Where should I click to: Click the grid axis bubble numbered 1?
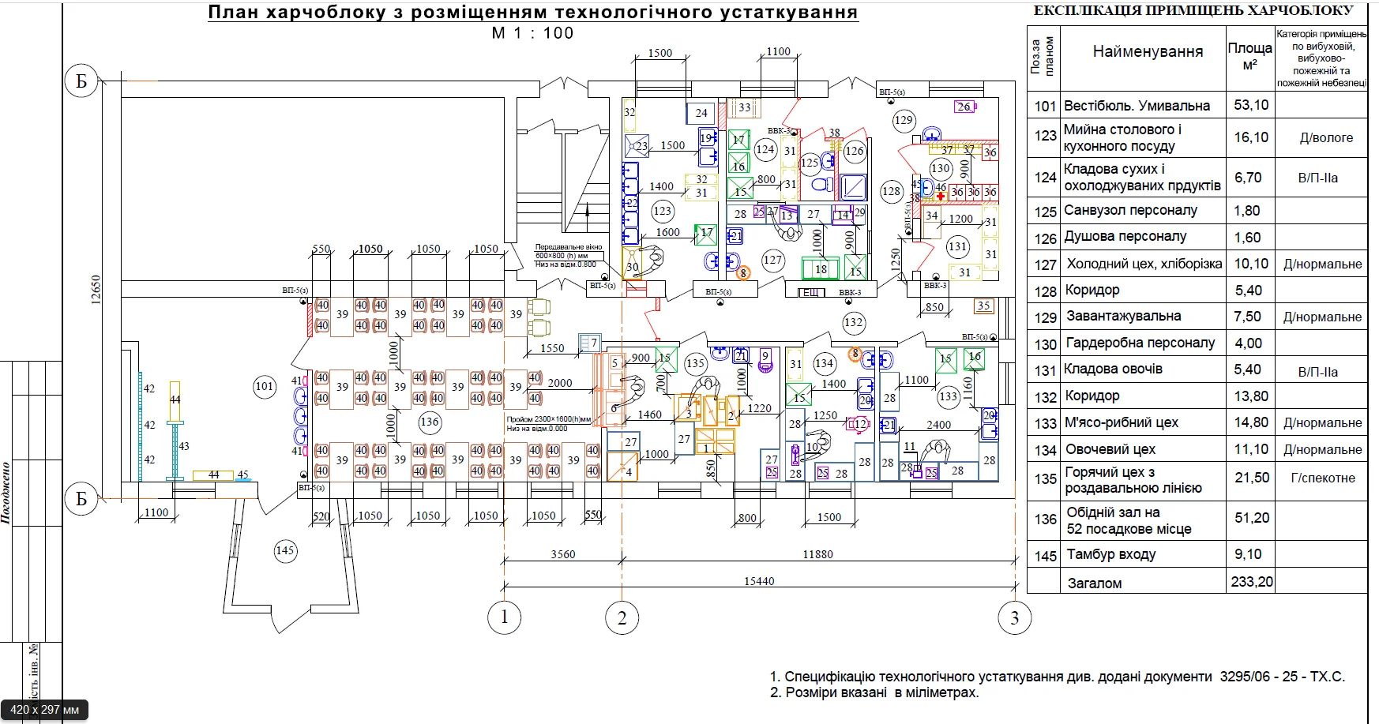coord(505,617)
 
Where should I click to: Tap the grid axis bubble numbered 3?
coord(1014,618)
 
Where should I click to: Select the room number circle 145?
coord(285,550)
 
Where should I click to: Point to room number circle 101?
coord(265,386)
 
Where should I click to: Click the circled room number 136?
coord(430,422)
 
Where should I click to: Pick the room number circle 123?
coord(663,211)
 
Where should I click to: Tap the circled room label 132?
coord(854,322)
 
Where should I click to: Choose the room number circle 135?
coord(695,364)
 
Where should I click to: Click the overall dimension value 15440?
coord(759,581)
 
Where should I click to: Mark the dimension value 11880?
coord(817,554)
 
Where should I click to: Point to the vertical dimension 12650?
coord(96,290)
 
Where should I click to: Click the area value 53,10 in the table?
coord(1251,105)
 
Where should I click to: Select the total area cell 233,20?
coord(1252,582)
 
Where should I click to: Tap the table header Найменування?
coord(1148,52)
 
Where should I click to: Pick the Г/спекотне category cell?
coord(1323,478)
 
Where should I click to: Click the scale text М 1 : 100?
coord(532,33)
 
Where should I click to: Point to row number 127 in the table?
coord(1045,264)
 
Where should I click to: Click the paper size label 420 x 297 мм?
coord(45,710)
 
